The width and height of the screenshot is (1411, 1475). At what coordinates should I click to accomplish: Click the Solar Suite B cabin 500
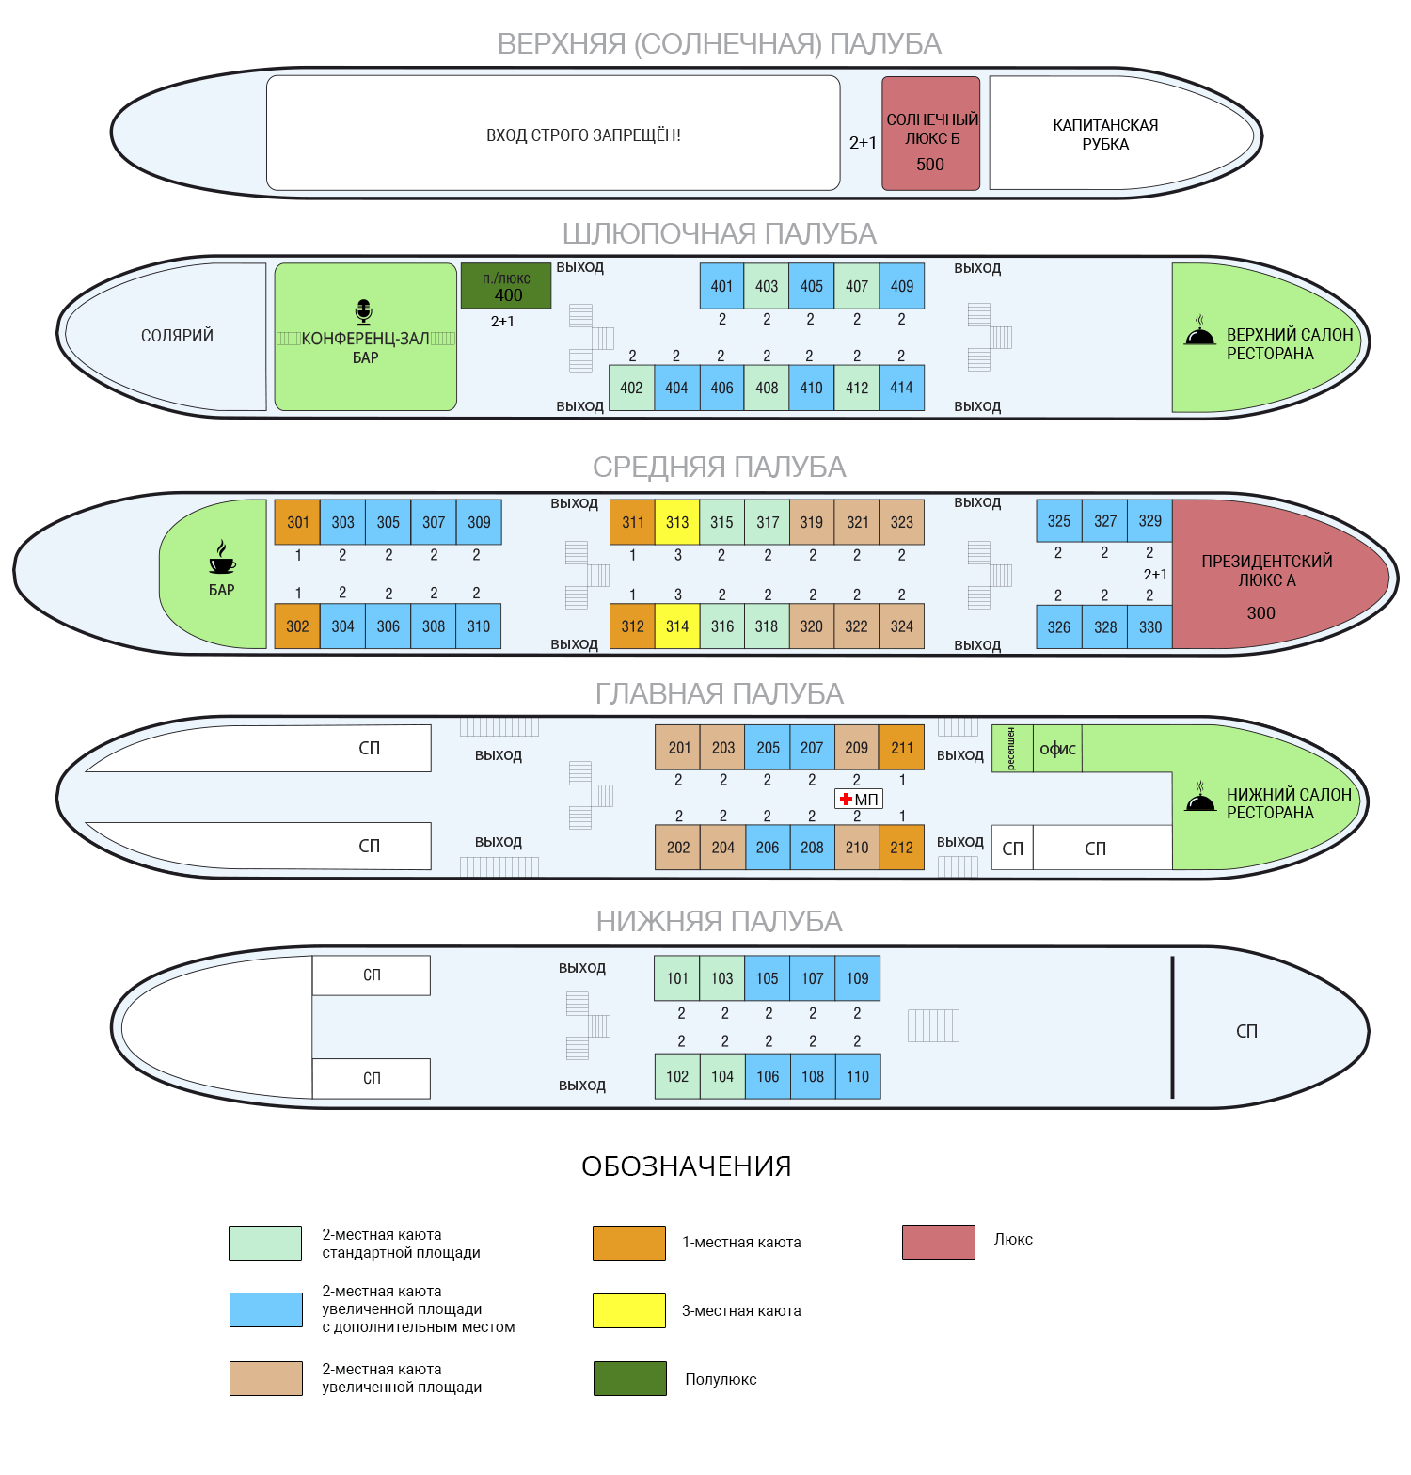tap(930, 135)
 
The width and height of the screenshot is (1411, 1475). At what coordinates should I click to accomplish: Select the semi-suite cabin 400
tap(506, 286)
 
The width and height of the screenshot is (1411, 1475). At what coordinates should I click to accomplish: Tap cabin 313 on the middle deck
tap(677, 522)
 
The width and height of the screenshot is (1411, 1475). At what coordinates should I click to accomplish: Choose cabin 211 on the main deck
tap(901, 748)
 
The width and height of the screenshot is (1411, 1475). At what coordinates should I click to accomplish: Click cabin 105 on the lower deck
tap(767, 978)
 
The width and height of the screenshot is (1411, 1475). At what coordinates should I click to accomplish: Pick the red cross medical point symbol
tap(846, 800)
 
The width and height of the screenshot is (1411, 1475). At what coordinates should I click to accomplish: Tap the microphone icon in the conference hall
tap(364, 311)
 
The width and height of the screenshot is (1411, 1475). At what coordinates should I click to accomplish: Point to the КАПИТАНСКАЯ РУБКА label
tap(1105, 135)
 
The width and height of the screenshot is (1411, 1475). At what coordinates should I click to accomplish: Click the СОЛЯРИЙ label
tap(177, 336)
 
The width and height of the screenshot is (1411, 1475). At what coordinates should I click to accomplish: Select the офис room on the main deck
tap(1057, 749)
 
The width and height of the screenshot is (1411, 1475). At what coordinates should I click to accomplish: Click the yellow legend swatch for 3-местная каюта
tap(629, 1310)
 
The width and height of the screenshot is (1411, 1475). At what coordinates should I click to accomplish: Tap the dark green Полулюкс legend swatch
tap(629, 1378)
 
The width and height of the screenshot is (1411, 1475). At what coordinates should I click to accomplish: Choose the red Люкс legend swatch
tap(938, 1242)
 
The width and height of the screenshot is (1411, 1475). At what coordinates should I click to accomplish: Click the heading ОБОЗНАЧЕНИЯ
tap(687, 1166)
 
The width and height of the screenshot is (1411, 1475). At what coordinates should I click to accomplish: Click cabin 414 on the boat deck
tap(901, 388)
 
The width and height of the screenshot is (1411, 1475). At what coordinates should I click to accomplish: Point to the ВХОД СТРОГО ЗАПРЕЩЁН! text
tap(583, 135)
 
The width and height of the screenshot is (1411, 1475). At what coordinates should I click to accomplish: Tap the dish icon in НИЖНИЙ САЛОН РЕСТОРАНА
tap(1199, 798)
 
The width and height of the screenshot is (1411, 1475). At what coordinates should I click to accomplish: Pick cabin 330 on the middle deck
tap(1149, 626)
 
